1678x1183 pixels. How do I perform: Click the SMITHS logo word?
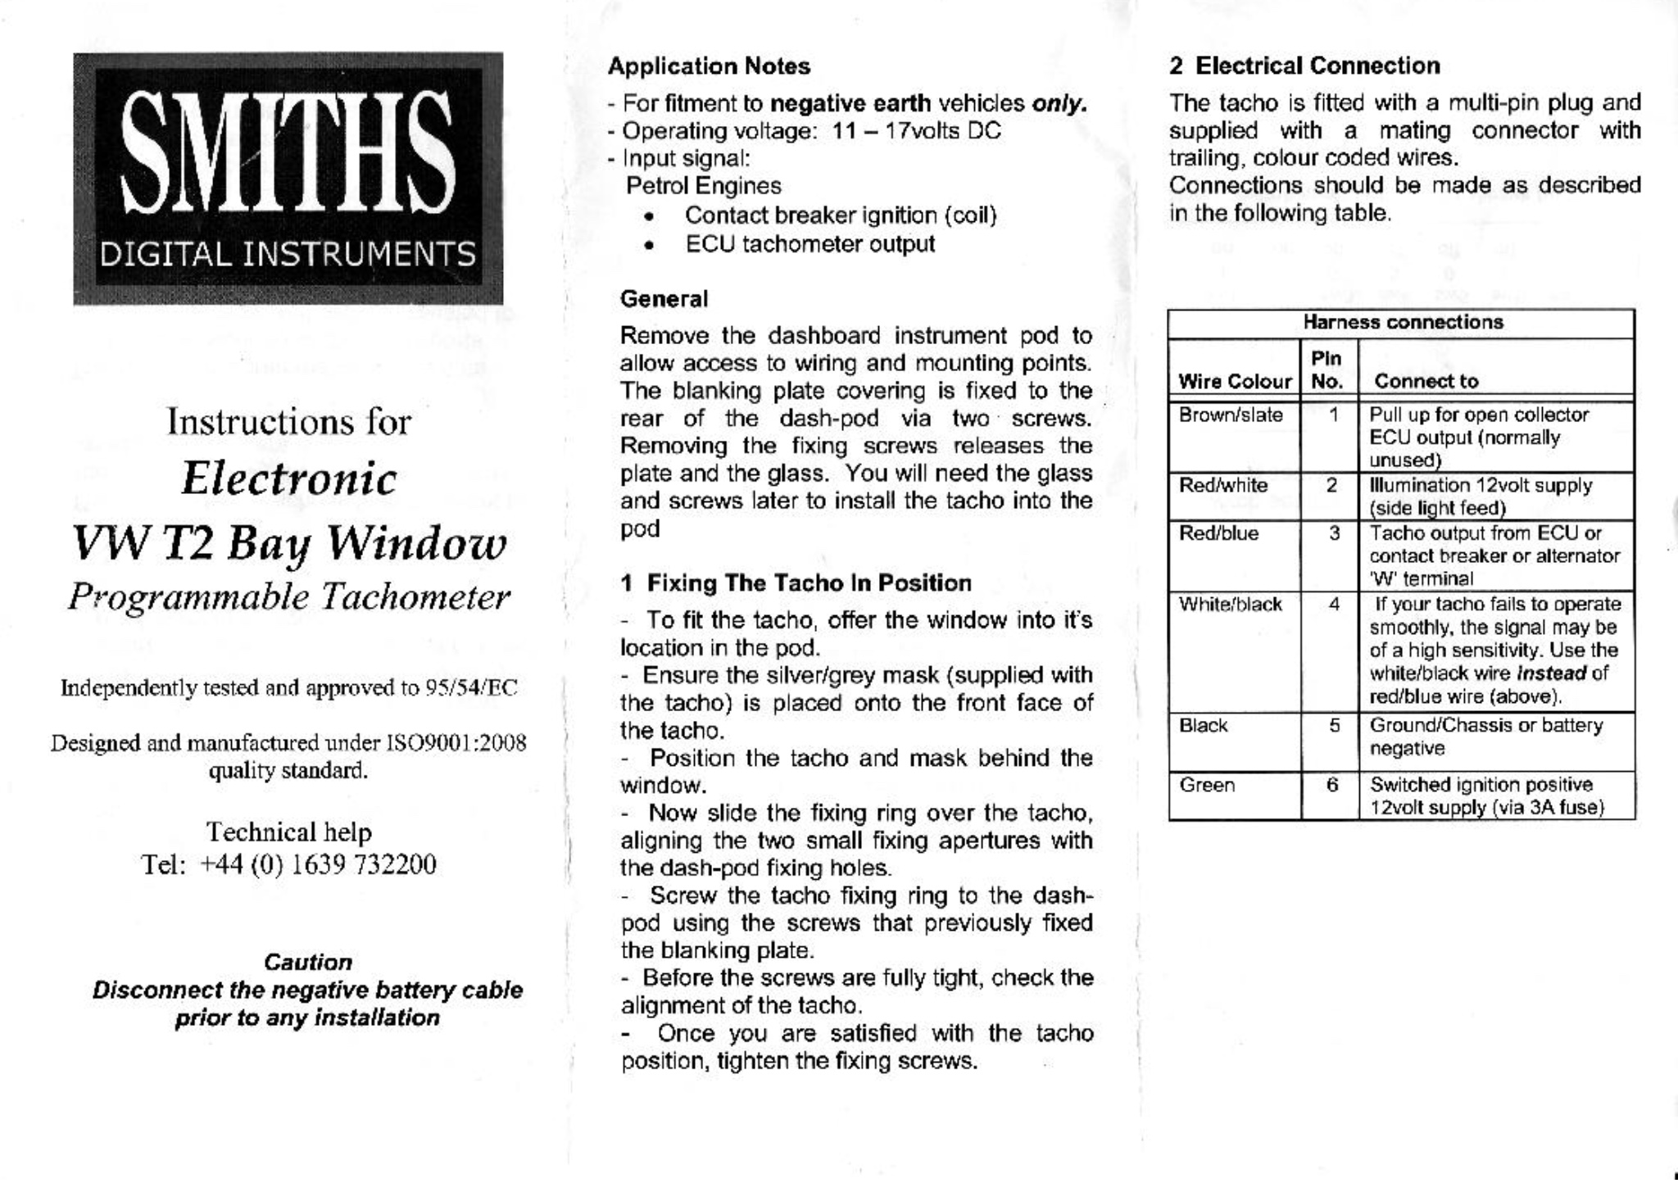coord(288,151)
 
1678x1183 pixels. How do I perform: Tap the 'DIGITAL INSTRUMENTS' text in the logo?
coord(288,254)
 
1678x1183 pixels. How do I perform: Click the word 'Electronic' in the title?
coord(288,478)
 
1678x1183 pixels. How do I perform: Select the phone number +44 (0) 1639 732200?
coord(318,865)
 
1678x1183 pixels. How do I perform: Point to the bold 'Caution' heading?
coord(308,962)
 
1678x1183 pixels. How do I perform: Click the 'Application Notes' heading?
coord(709,66)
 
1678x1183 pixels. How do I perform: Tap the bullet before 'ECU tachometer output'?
coord(649,245)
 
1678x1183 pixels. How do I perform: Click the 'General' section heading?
coord(664,299)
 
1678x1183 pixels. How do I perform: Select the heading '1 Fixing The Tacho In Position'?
coord(796,583)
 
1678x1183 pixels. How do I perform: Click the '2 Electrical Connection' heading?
coord(1304,66)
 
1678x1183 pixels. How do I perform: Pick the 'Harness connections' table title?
coord(1403,322)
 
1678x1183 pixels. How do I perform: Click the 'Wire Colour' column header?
coord(1235,381)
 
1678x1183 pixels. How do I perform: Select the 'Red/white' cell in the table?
coord(1223,486)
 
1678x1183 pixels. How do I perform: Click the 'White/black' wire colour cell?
coord(1230,605)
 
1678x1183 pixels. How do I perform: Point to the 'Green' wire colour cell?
coord(1207,786)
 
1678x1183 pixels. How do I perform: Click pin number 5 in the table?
coord(1335,726)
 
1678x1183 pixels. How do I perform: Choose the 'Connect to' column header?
coord(1426,381)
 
